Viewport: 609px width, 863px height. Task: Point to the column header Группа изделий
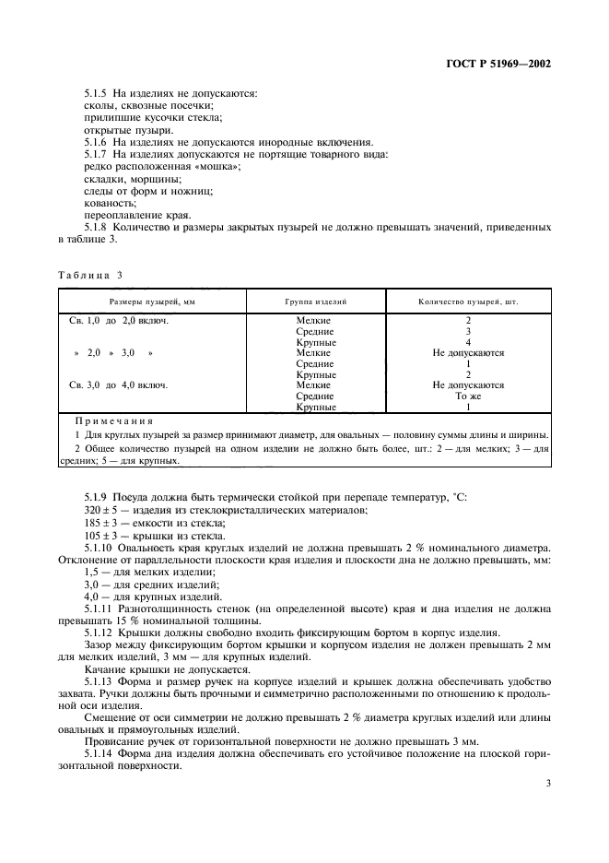click(x=315, y=301)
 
